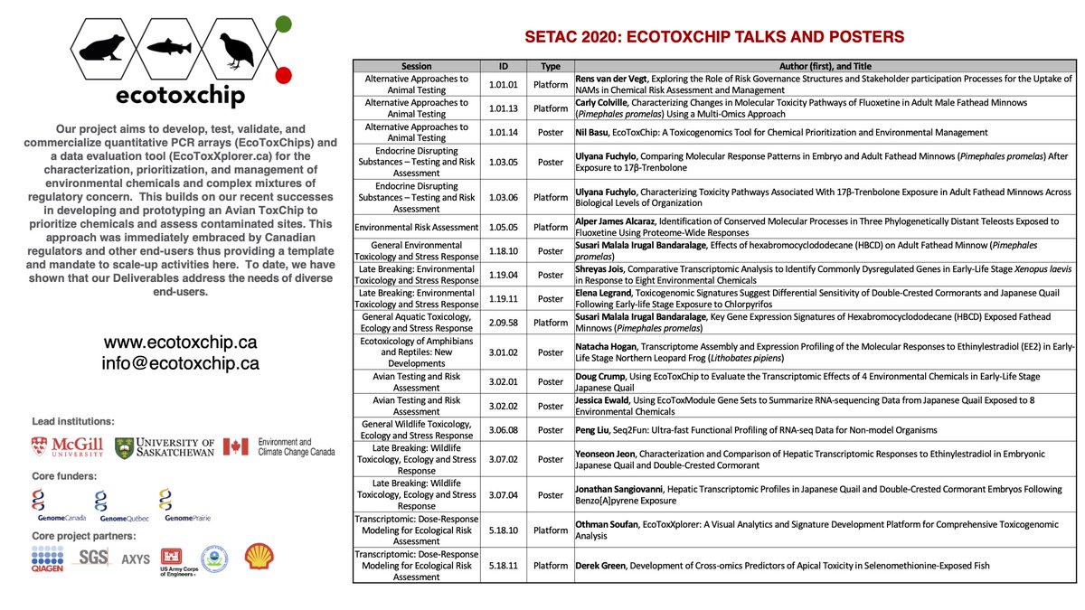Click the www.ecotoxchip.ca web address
click(x=181, y=343)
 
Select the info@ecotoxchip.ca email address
click(x=181, y=363)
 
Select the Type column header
click(x=550, y=66)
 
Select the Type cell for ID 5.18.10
click(x=550, y=530)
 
